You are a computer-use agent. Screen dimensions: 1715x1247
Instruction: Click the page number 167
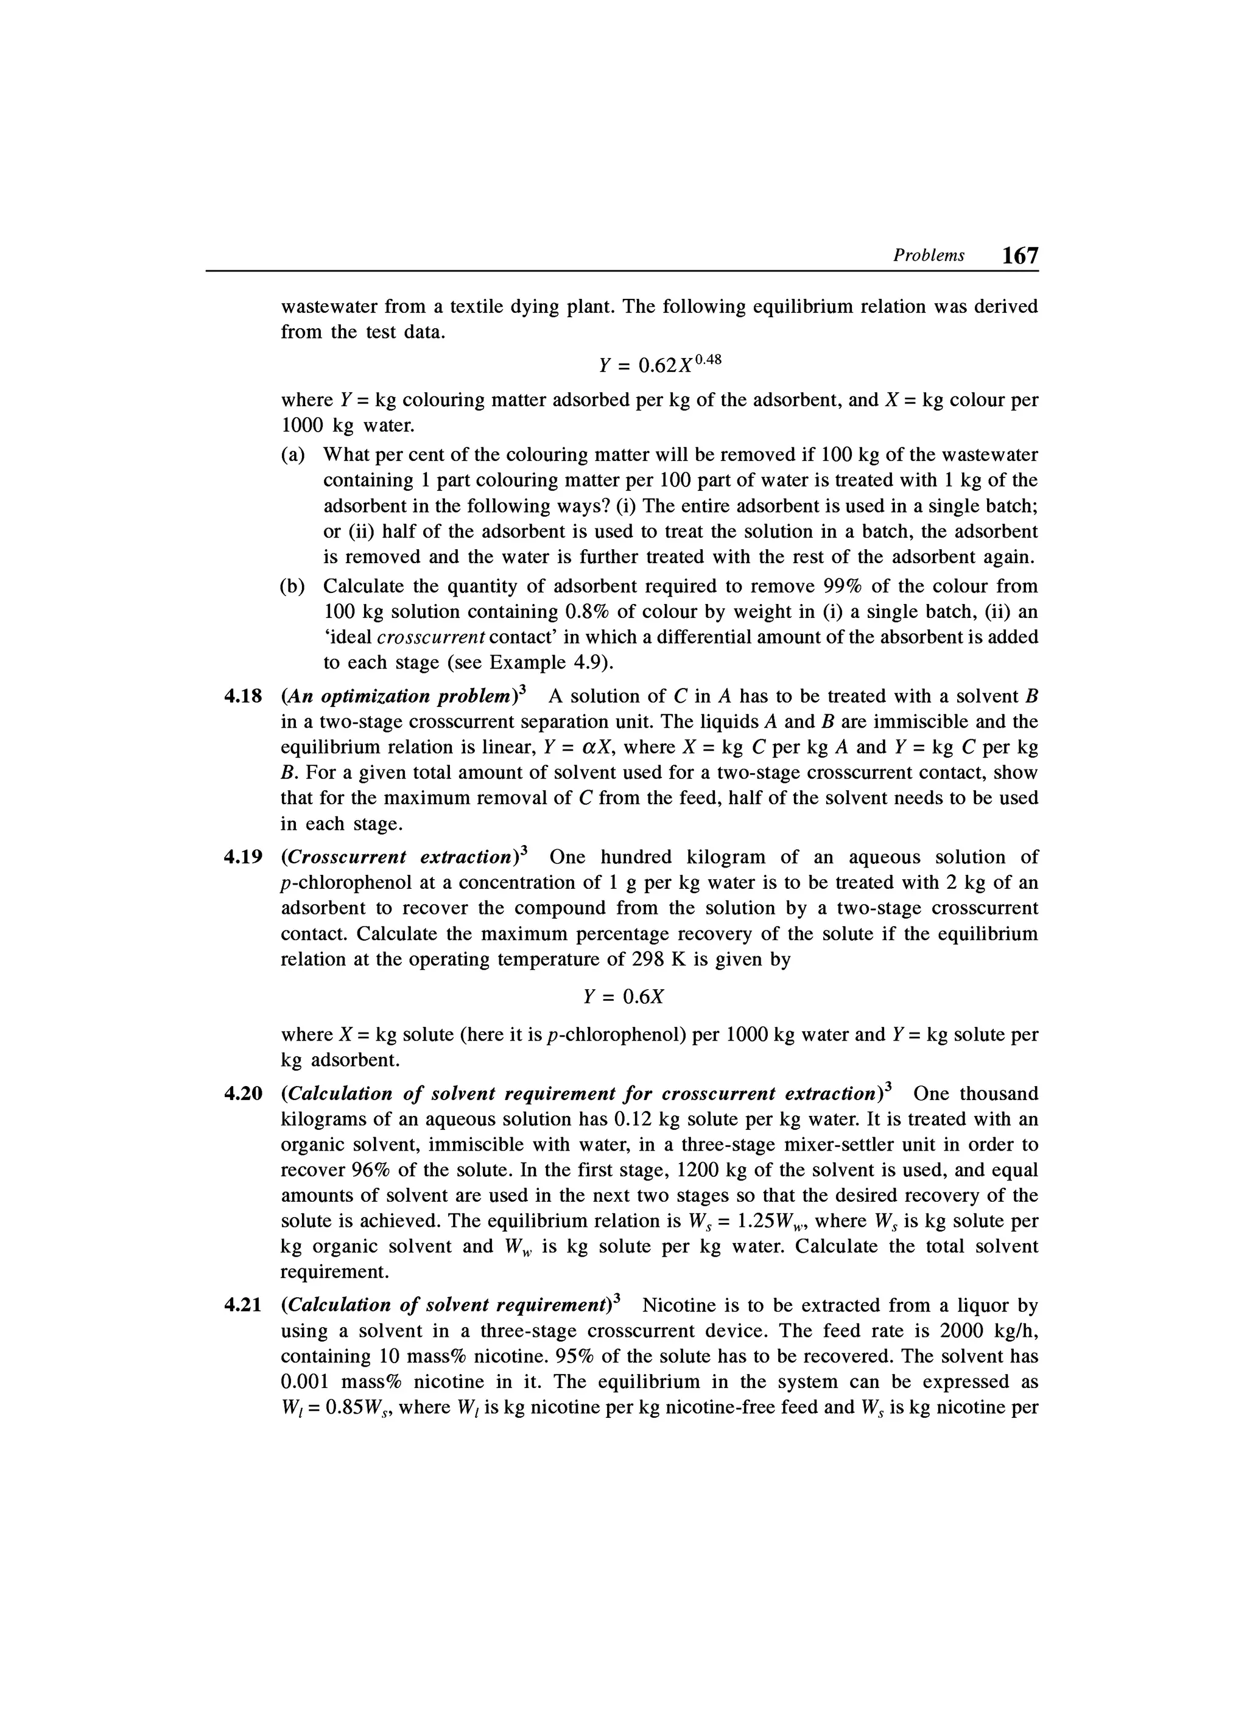[x=1019, y=256]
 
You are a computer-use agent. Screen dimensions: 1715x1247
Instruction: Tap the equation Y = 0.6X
[x=623, y=997]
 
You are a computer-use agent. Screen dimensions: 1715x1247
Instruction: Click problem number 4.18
[x=243, y=696]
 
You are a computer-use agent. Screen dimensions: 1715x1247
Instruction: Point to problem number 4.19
[x=243, y=857]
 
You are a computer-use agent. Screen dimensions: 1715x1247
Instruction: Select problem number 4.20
[x=243, y=1093]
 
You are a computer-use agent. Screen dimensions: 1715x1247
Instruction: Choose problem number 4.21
[x=243, y=1305]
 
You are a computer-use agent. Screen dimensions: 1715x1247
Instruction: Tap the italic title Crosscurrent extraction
[x=402, y=857]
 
